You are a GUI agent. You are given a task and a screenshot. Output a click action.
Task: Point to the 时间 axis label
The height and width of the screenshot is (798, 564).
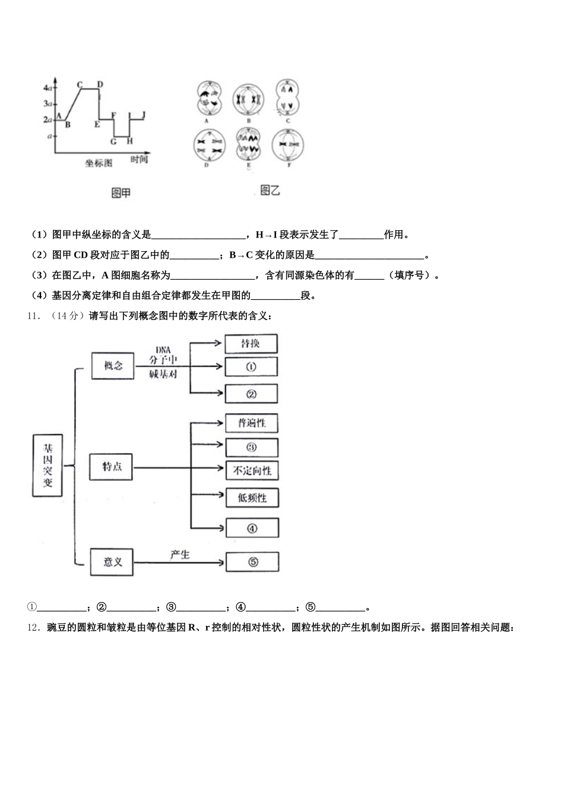[x=139, y=160]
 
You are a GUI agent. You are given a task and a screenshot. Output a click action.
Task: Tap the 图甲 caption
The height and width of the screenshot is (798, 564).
[x=121, y=192]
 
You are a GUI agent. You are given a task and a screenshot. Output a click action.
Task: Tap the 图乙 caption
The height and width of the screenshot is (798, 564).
[x=270, y=190]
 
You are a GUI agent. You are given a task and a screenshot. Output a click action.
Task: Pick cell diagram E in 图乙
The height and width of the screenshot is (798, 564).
[x=248, y=144]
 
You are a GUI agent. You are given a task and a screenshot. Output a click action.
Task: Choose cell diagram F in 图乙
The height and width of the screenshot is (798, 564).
[x=289, y=145]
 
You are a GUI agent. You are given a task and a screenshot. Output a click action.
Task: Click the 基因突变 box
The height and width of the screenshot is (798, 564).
[x=47, y=465]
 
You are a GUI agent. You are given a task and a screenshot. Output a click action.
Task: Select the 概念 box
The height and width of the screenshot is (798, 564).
[x=113, y=366]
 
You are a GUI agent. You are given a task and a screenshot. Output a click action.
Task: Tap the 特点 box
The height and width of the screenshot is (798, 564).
[x=112, y=466]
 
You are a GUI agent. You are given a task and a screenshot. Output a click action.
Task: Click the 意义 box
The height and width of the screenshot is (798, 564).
[x=112, y=562]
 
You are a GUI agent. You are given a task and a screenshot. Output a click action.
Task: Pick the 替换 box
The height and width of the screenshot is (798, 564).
[x=251, y=344]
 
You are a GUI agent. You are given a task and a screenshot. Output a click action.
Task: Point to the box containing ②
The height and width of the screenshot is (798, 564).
[x=251, y=394]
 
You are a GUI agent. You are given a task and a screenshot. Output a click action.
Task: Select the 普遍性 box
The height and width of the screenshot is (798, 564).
[x=252, y=423]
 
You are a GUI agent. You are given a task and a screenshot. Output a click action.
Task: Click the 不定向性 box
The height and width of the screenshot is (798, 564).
[x=252, y=471]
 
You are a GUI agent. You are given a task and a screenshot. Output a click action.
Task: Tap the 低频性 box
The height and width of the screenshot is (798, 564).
[x=252, y=498]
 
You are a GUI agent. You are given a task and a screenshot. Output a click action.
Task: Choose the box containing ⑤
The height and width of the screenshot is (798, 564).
[x=252, y=562]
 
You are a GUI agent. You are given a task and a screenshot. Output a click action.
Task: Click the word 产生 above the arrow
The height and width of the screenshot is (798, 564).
[x=179, y=555]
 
